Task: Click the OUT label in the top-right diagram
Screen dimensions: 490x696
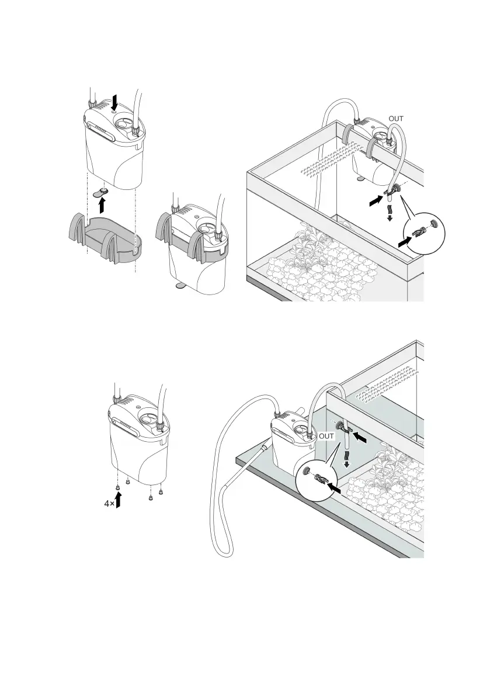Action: (396, 118)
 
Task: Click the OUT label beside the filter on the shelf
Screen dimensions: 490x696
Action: (326, 436)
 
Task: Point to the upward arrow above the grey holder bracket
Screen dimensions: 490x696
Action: (103, 205)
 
